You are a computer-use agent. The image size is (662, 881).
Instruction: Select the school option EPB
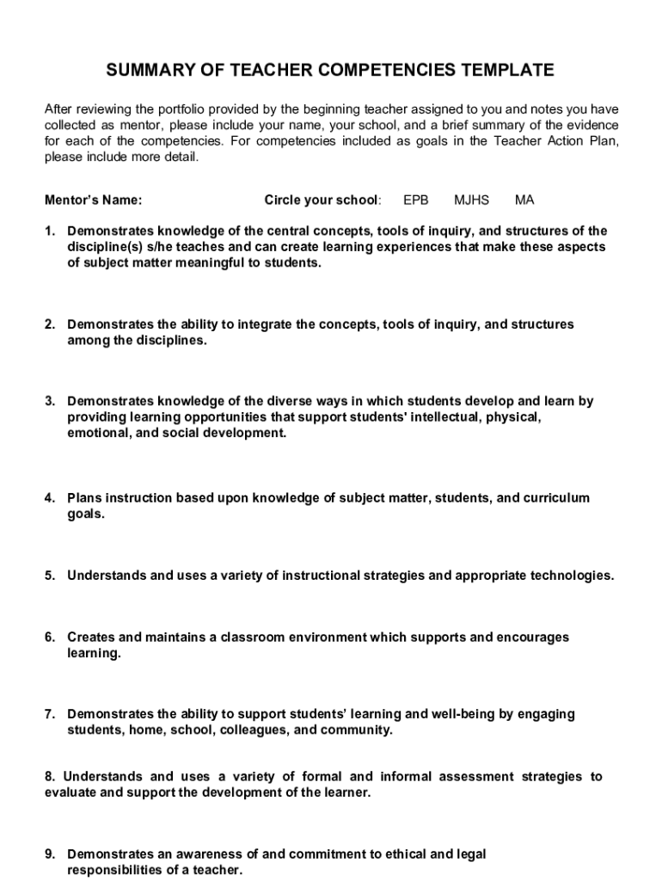tap(415, 200)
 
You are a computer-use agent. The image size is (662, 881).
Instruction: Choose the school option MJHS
tap(471, 200)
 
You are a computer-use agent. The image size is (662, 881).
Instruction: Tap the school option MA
tap(524, 200)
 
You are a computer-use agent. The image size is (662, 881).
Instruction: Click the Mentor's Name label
tap(93, 200)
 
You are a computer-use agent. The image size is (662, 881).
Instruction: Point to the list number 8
tap(49, 777)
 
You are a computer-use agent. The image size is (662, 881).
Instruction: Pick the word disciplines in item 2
tap(170, 340)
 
